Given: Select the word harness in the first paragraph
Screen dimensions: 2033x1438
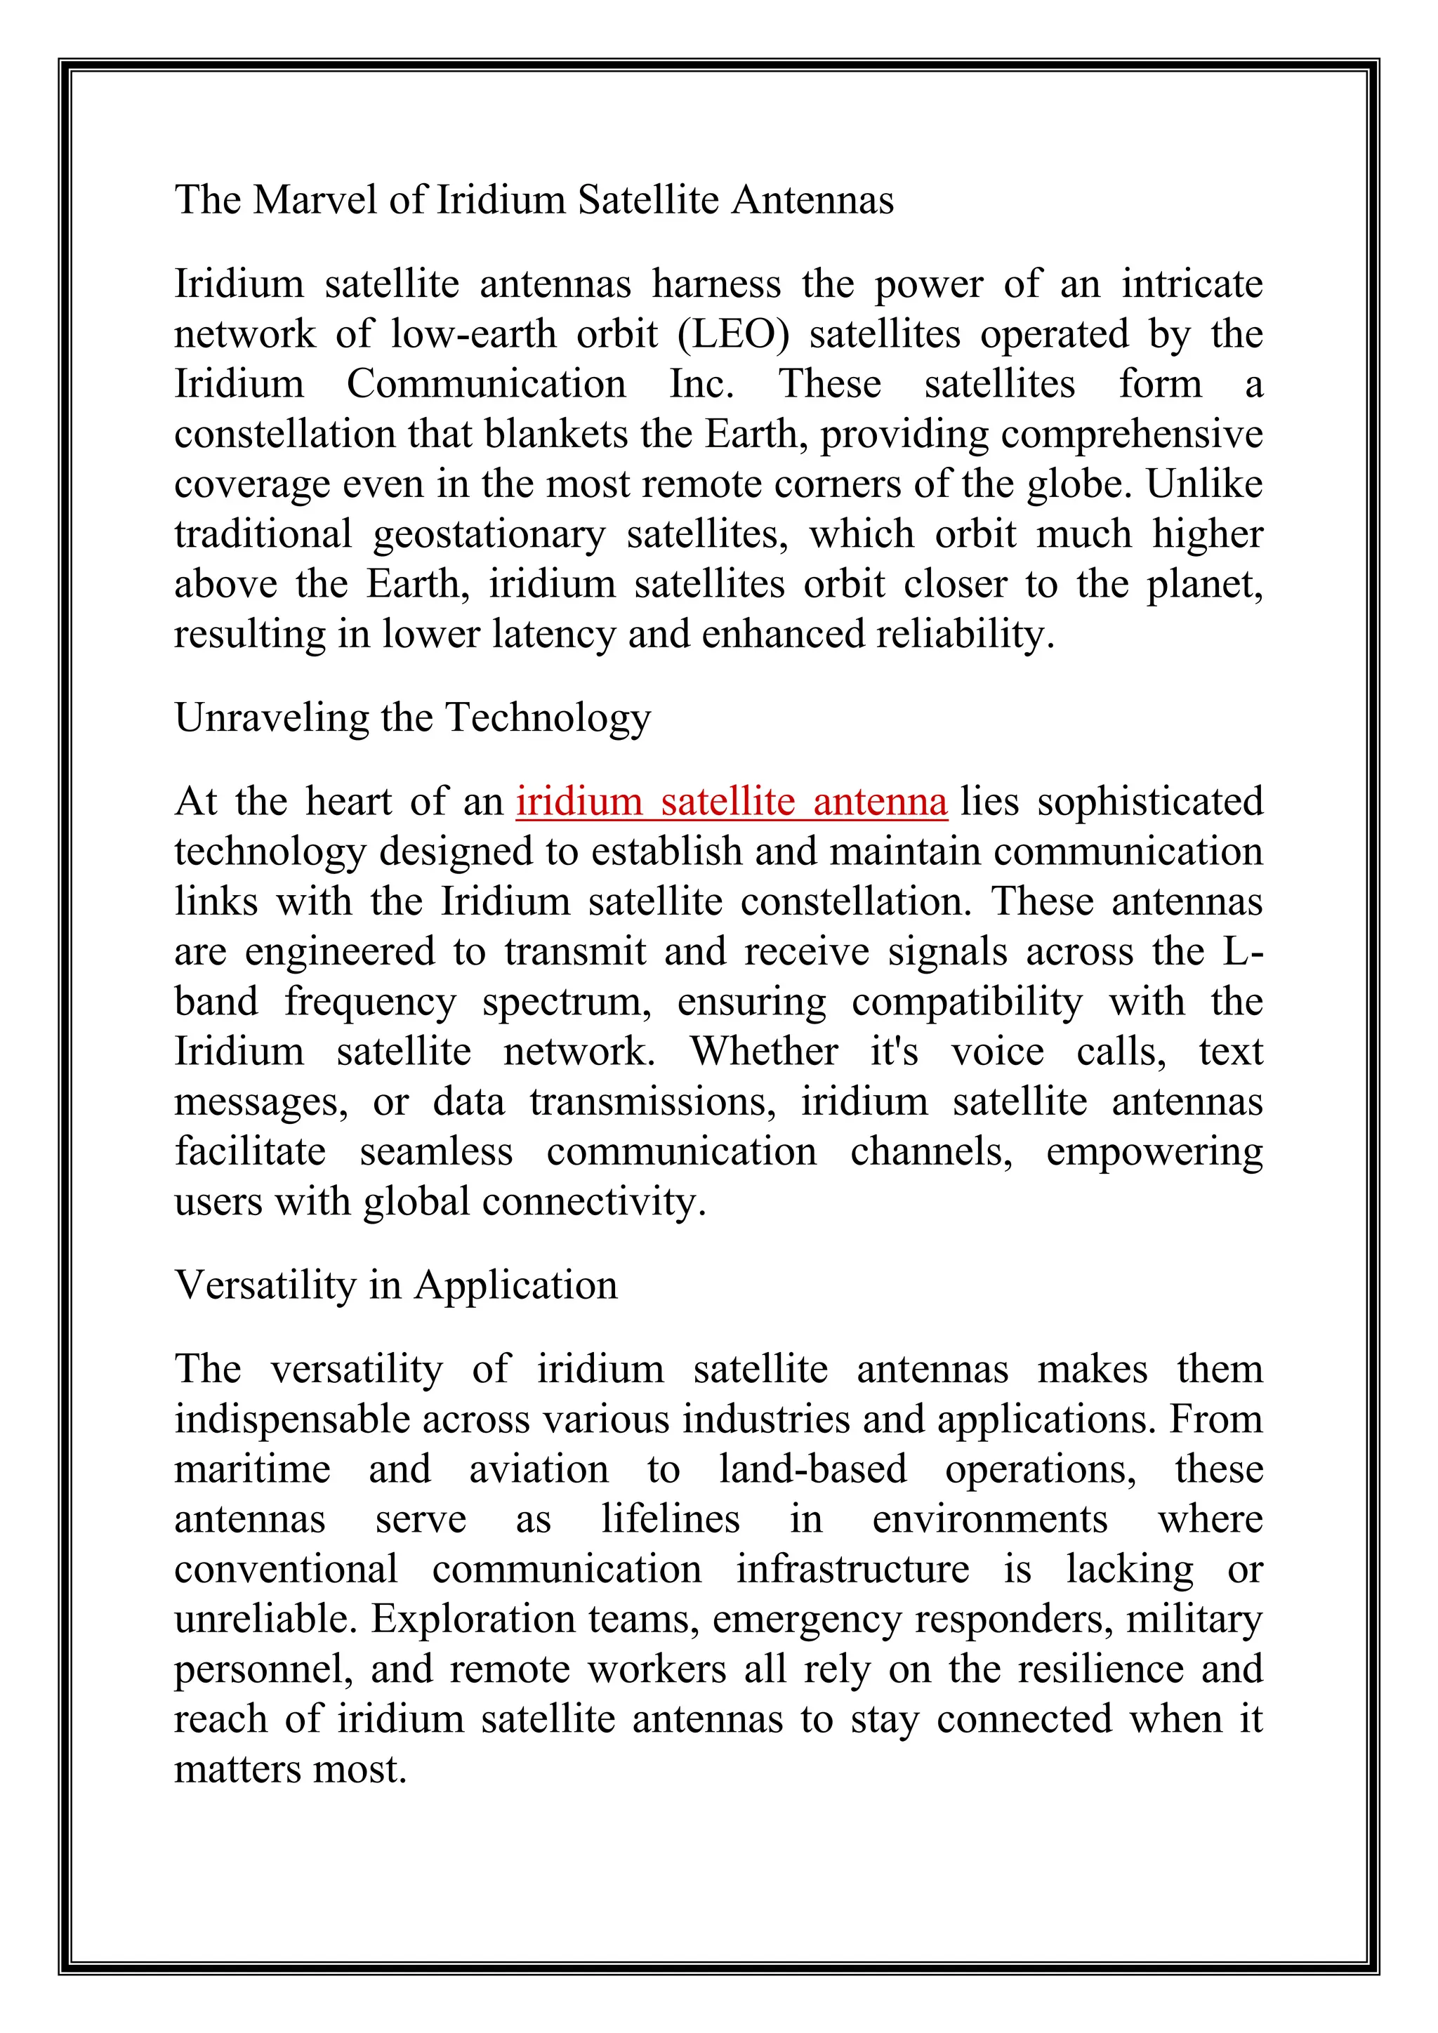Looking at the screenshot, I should tap(716, 285).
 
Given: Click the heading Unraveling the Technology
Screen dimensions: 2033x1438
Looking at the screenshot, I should tap(413, 718).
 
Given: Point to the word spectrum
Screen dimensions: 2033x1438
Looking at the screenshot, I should tap(567, 1002).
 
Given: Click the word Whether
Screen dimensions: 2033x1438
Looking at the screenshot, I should tap(763, 1052).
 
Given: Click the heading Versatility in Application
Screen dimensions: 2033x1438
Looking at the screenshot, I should tap(396, 1285).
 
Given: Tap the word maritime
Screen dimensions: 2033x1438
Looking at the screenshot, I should tap(252, 1470).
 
